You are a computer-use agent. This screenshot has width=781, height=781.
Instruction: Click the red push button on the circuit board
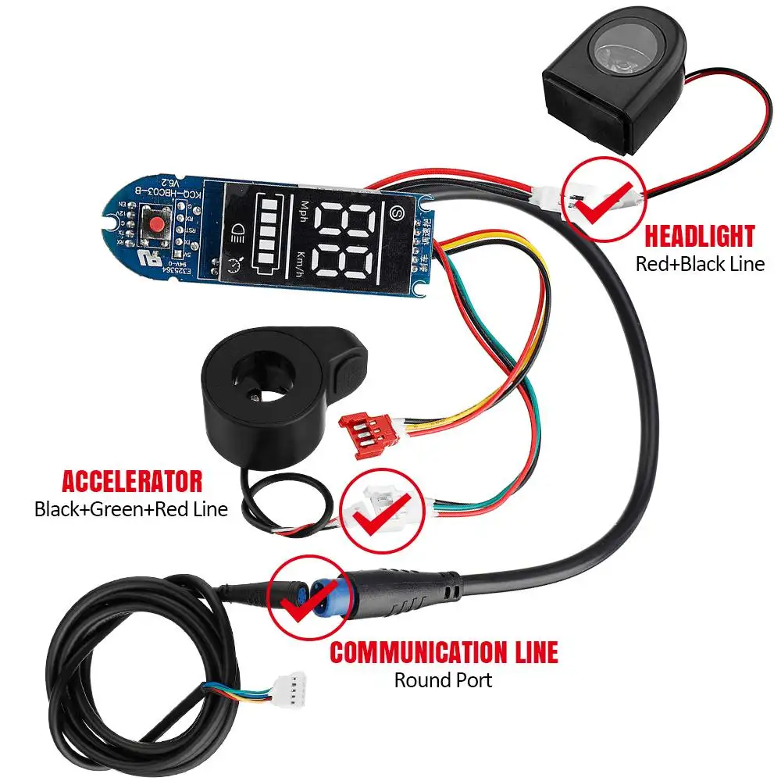[156, 224]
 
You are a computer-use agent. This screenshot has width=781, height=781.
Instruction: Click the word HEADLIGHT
[699, 236]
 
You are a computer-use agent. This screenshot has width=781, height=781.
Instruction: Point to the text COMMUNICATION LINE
[444, 651]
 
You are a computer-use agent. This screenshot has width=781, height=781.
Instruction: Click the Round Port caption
[443, 679]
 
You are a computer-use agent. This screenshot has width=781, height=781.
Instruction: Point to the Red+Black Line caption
[700, 263]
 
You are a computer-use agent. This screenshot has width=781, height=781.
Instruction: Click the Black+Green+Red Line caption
[131, 509]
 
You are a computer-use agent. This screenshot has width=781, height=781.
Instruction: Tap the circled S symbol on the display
[396, 212]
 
